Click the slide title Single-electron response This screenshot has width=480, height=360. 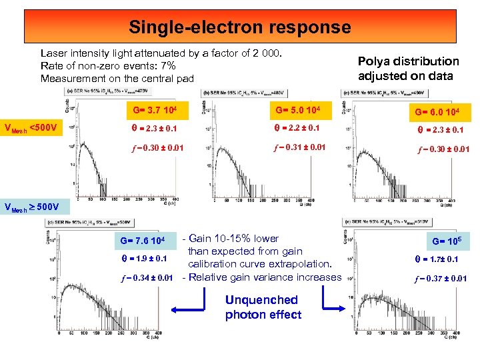tap(239, 27)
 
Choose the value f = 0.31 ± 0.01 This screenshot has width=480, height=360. tap(298, 147)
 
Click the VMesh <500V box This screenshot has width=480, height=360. tap(31, 127)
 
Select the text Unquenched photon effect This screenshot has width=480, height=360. tap(262, 307)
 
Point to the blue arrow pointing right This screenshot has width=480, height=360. tap(335, 308)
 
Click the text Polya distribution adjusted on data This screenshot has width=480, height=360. tap(408, 68)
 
